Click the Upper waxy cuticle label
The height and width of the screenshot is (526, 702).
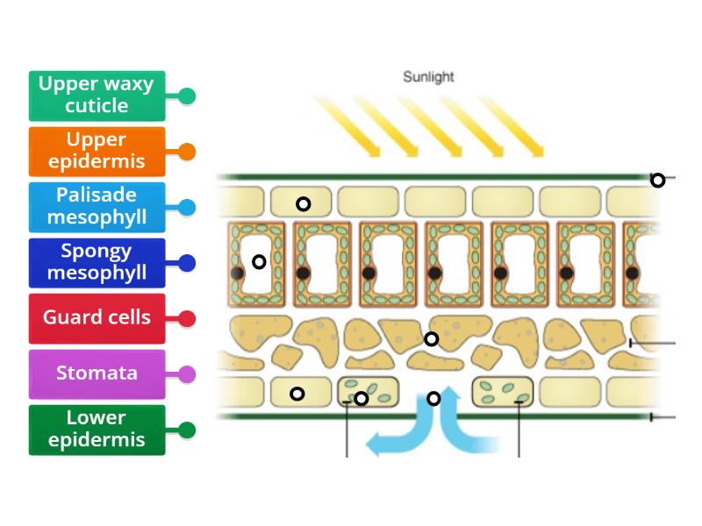tap(97, 96)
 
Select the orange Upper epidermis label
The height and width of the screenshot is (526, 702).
tap(97, 151)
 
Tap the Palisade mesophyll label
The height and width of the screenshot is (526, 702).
tap(97, 207)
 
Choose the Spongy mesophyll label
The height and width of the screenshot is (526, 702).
tap(97, 262)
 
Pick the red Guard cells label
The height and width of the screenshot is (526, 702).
tap(97, 317)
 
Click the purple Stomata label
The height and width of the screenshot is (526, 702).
tap(97, 373)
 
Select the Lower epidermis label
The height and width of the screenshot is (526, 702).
tap(97, 430)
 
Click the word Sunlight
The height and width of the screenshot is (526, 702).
tap(428, 77)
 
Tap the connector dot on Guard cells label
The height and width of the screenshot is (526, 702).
tap(186, 318)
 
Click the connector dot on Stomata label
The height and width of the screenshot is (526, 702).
tap(186, 374)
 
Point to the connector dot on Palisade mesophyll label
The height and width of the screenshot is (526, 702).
tap(186, 208)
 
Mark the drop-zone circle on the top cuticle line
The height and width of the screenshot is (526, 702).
tap(657, 181)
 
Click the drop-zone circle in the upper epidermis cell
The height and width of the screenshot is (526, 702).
tap(303, 204)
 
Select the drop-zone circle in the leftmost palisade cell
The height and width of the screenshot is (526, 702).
tap(259, 261)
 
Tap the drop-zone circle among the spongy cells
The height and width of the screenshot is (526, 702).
tap(431, 339)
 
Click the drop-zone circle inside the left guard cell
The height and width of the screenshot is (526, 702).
tap(361, 399)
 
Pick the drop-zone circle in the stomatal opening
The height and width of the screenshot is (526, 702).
tap(433, 399)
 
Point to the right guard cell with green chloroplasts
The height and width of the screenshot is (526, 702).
tap(502, 391)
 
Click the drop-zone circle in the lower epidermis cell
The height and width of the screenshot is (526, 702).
tap(297, 394)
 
